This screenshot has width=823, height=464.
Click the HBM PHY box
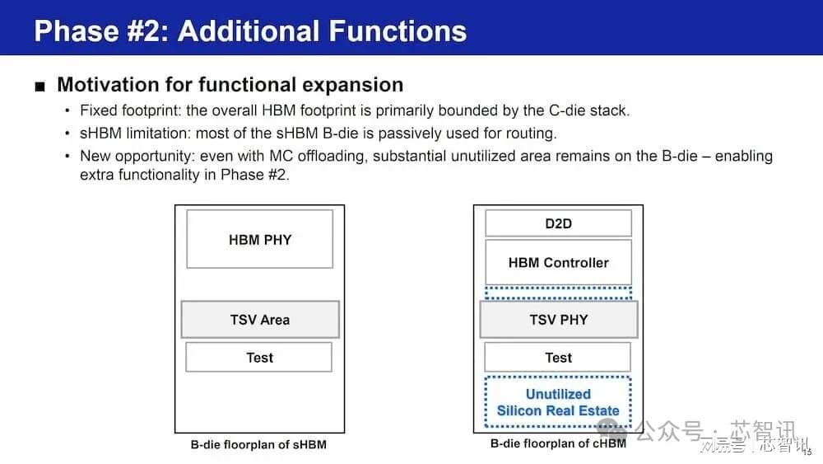260,239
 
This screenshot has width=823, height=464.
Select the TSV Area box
260,320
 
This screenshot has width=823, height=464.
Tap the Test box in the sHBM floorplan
258,358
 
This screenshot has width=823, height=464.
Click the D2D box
559,223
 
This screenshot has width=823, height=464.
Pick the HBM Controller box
559,262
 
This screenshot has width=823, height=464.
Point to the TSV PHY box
559,320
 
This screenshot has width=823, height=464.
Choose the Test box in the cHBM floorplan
558,358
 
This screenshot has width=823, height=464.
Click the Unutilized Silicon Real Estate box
558,402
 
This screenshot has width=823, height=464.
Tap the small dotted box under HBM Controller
559,293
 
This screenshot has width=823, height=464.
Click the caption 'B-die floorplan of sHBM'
258,444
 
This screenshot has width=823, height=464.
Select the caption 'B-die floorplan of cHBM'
558,443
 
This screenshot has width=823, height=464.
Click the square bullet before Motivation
40,87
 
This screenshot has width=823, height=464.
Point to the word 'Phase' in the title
77,30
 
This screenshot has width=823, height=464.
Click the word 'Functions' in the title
398,30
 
